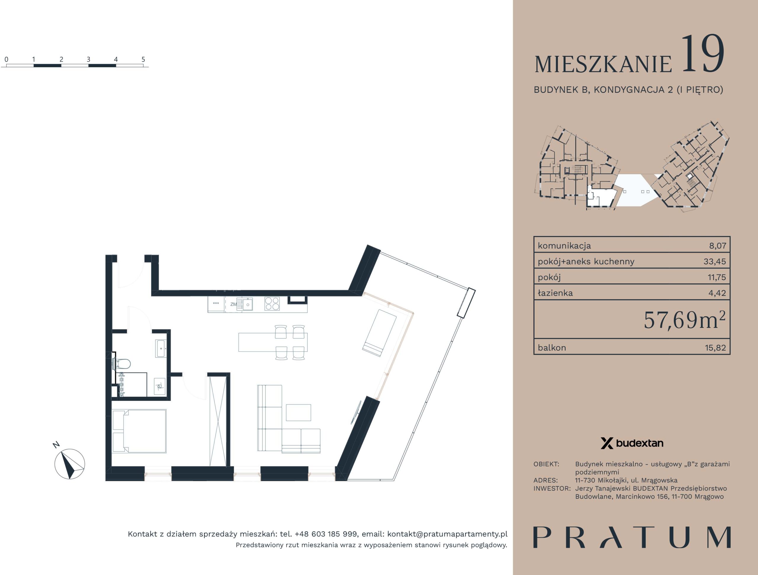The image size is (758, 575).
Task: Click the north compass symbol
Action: tap(70, 464)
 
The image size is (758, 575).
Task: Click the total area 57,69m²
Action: tap(685, 320)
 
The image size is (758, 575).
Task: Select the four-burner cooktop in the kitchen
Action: tap(272, 303)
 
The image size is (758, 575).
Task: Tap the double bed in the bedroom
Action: tap(139, 431)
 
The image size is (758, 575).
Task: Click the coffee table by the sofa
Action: tap(298, 412)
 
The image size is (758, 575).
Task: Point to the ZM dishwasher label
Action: tap(233, 304)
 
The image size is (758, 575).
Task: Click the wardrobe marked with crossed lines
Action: tap(218, 420)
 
